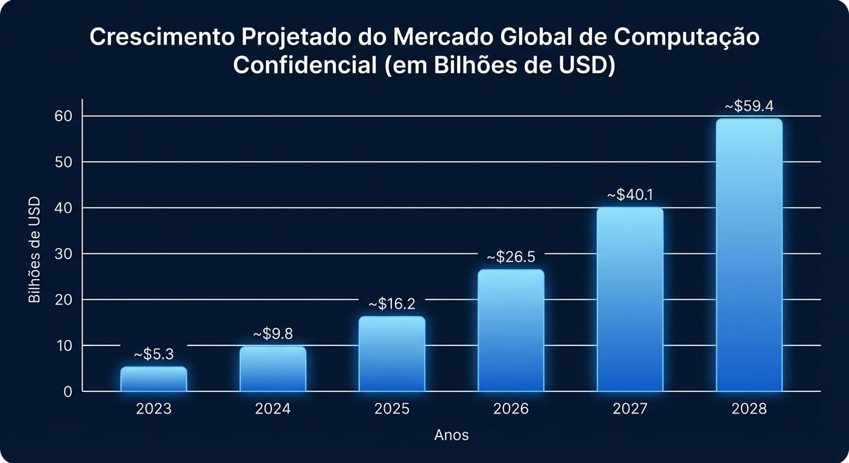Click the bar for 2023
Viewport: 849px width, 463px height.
pos(154,379)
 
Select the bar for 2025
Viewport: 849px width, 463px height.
pos(392,354)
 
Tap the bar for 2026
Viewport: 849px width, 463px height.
pos(511,330)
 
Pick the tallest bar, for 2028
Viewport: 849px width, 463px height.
pos(749,255)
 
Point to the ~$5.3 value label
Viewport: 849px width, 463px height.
pos(154,354)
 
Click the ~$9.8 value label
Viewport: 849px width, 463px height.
pos(273,334)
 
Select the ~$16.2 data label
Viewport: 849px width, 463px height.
pos(392,304)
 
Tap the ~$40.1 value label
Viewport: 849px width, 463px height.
pos(630,195)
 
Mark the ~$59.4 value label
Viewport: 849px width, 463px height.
pos(749,107)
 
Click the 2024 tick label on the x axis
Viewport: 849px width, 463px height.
pos(273,409)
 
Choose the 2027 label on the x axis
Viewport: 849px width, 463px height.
pos(630,409)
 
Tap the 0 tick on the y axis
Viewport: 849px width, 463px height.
pos(68,392)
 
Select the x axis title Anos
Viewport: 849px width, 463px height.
pos(452,435)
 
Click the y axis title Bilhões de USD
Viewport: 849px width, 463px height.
pos(34,250)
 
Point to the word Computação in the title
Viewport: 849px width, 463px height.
pos(687,37)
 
